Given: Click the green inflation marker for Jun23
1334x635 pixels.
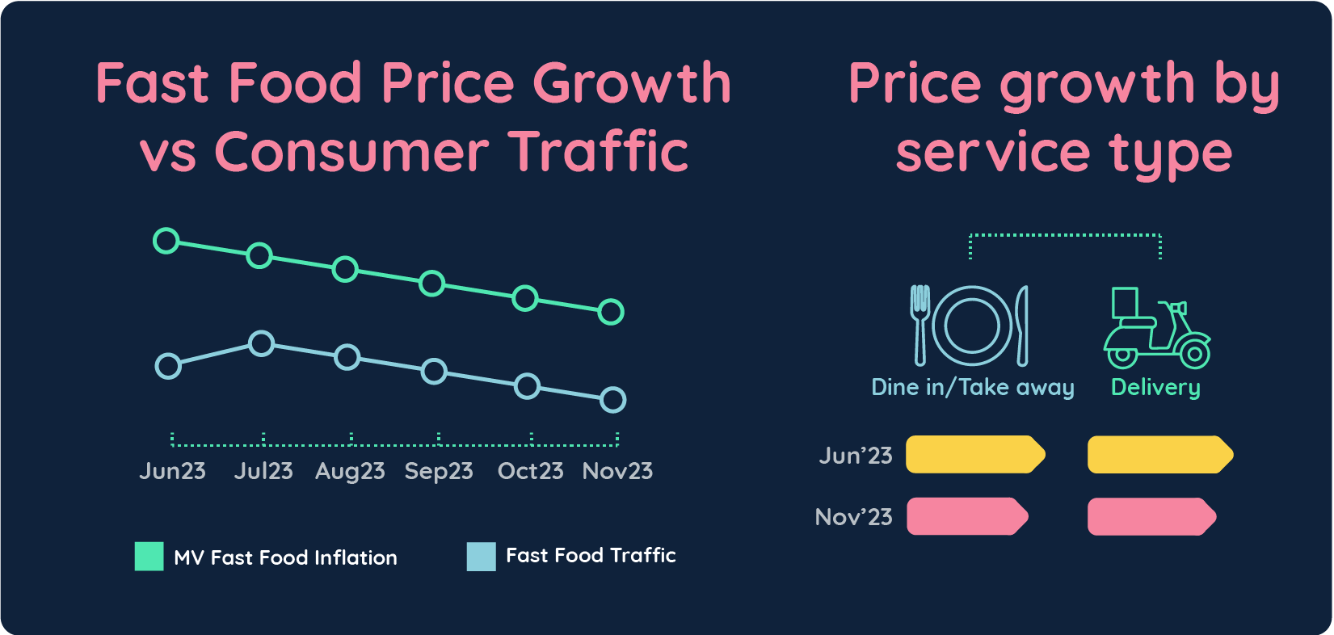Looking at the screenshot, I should click(166, 241).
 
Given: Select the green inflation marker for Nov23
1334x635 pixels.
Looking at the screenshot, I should click(611, 311).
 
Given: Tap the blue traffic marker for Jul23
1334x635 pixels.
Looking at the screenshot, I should click(261, 343).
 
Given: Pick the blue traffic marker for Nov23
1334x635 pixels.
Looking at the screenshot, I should click(613, 399).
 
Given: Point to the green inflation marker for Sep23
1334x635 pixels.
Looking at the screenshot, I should click(432, 284).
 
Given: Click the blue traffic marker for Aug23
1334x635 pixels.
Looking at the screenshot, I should click(347, 357).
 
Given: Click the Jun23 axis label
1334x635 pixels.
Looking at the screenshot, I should click(172, 471).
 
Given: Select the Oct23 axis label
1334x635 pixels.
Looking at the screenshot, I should click(530, 471).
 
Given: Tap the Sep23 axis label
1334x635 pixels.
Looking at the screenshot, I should click(439, 471).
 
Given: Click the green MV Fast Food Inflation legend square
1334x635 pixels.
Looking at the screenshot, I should click(149, 557).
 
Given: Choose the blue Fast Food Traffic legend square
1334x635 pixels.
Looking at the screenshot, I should click(481, 556).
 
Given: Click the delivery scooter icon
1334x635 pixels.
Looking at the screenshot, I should click(1156, 329).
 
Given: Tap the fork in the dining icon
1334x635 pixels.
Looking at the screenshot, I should click(920, 325).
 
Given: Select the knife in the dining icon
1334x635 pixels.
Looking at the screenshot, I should click(1022, 325).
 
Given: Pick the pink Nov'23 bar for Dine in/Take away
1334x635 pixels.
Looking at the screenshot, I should click(966, 516).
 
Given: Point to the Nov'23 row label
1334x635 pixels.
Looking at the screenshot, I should click(853, 517).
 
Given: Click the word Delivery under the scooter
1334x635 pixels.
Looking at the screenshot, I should click(1155, 388).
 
